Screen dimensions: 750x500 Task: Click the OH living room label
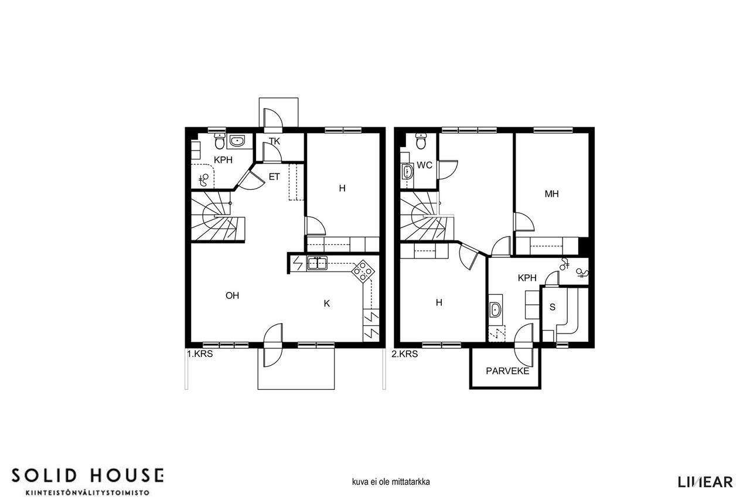233,295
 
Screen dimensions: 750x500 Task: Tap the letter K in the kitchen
327,304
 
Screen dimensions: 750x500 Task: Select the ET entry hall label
274,177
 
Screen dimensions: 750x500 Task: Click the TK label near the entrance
275,142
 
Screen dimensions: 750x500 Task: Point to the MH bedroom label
552,194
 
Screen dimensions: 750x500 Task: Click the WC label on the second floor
425,165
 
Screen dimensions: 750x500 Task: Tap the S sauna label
553,307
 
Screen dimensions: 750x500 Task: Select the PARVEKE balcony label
507,371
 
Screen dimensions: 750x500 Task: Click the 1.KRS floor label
200,354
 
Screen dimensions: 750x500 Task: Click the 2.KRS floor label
405,354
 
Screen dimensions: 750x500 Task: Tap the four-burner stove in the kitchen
363,271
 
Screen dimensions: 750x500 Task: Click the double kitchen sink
317,263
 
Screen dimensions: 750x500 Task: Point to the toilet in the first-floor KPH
220,141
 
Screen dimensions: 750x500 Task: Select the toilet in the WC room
421,141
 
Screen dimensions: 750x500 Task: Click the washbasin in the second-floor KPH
495,309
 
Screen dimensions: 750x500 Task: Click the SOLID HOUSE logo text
88,476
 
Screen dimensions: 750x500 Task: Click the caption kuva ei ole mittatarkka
391,482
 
